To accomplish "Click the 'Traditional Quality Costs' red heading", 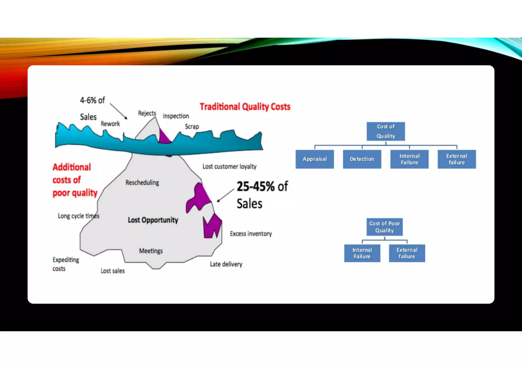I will [245, 107].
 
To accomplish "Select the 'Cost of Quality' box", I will [386, 131].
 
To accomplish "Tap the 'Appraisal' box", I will [315, 159].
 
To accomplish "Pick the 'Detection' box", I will [362, 159].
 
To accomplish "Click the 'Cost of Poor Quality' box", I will [385, 227].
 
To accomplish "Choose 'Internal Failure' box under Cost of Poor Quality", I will [362, 253].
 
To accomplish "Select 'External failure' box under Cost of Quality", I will [456, 159].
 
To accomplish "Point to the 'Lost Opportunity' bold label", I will [153, 220].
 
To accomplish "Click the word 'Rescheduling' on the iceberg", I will [142, 182].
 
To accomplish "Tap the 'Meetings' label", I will [151, 251].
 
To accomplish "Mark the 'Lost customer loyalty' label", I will [229, 166].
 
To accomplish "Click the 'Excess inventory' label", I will [251, 234].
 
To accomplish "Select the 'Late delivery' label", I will [226, 264].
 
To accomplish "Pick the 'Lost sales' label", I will [113, 271].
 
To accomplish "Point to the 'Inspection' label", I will [176, 116].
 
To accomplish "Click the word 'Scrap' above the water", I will [192, 126].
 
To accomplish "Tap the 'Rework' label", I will [110, 124].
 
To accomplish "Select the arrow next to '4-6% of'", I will [119, 111].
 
